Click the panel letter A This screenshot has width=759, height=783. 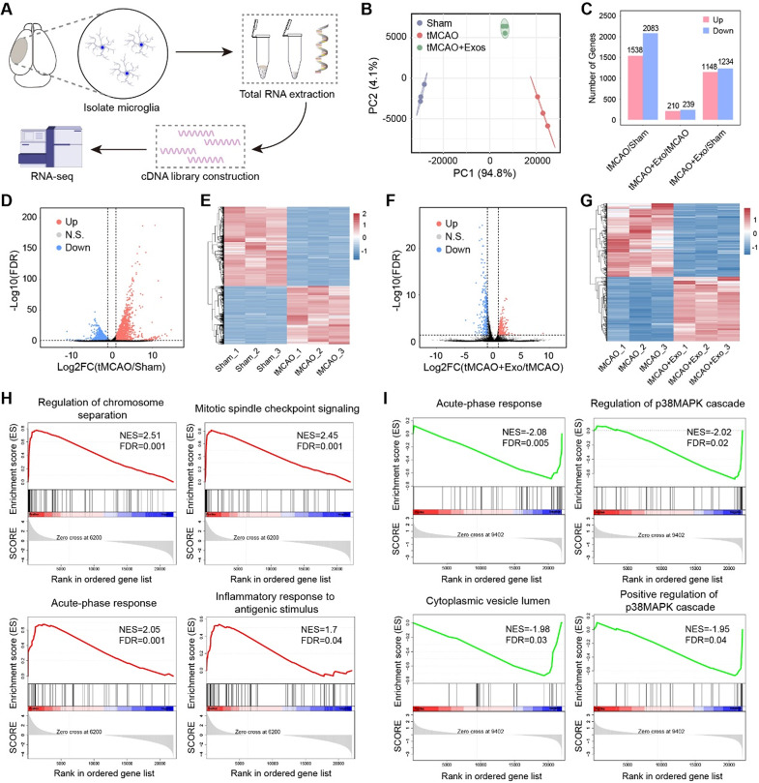pos(10,10)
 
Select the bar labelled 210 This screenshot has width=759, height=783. pos(642,114)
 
